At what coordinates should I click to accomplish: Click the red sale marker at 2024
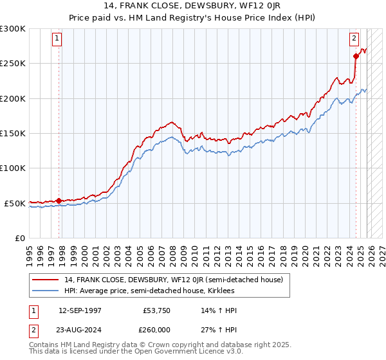click(x=356, y=57)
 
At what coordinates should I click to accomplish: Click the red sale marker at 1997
click(x=59, y=201)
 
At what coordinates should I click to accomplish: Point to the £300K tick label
click(x=13, y=29)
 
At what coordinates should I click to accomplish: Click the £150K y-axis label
click(x=13, y=133)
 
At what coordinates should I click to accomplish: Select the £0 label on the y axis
click(x=19, y=238)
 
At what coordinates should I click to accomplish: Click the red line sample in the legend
click(x=46, y=279)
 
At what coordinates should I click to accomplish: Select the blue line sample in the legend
click(x=46, y=291)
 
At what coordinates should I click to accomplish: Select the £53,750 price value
click(x=157, y=310)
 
